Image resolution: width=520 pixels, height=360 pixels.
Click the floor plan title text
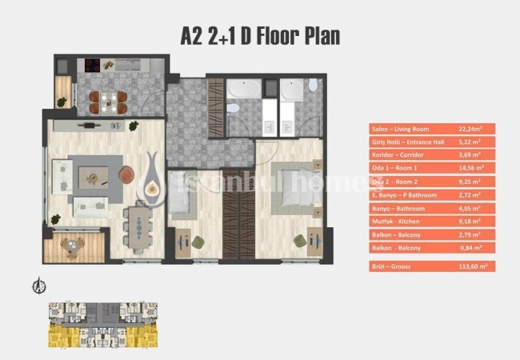pos(259,37)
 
